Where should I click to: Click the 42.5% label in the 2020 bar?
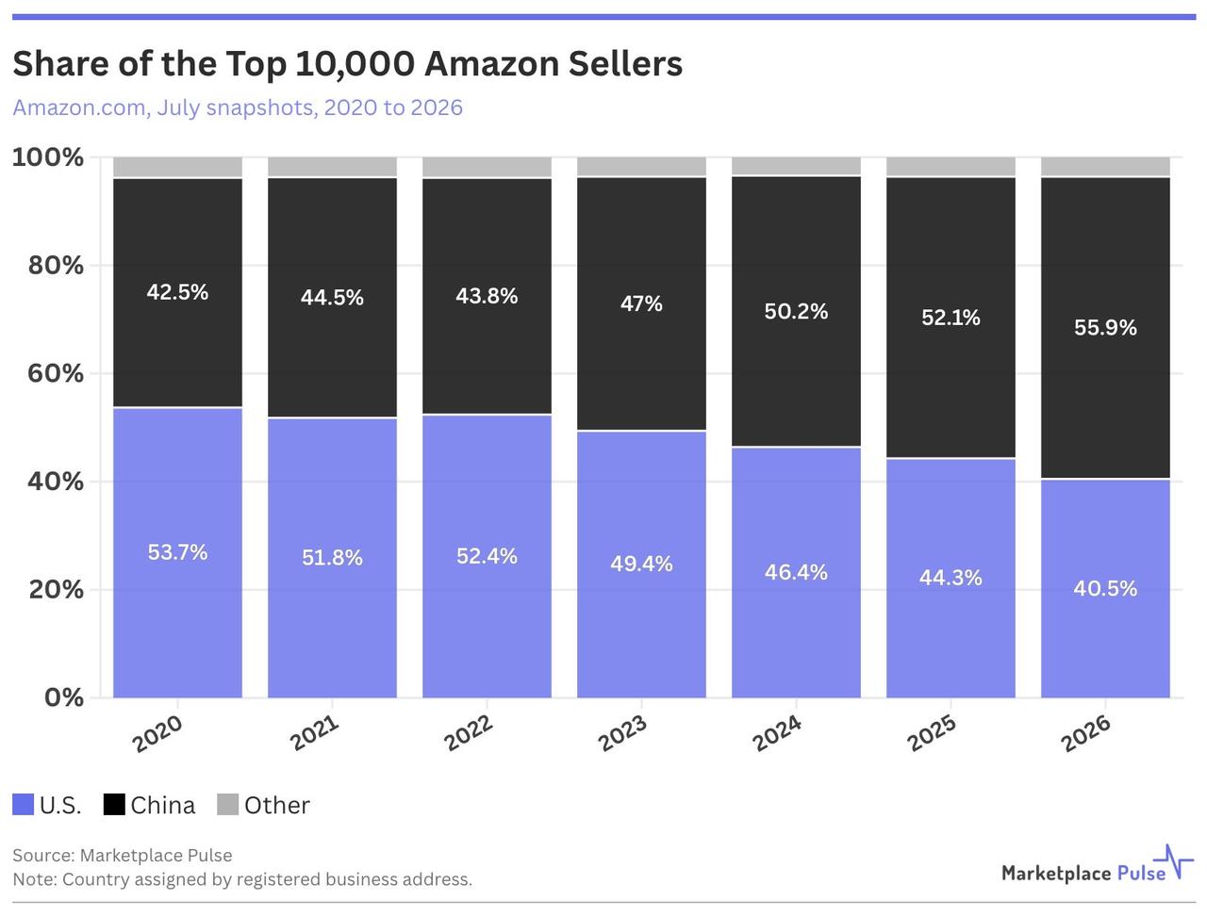click(177, 292)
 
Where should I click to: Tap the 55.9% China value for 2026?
click(1105, 327)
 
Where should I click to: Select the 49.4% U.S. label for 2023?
click(641, 564)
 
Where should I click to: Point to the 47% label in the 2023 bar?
click(641, 303)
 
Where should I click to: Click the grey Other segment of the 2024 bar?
click(796, 166)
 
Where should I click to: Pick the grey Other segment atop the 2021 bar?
click(332, 167)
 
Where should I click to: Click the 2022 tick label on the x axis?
click(468, 733)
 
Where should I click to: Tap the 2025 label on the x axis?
click(932, 733)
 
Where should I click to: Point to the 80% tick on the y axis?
click(56, 266)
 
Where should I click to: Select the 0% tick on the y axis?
click(64, 697)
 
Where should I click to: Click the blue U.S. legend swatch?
click(23, 804)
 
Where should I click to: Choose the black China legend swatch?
click(114, 804)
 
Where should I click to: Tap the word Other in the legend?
click(277, 806)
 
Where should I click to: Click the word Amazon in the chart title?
click(491, 64)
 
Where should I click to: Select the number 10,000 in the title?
click(355, 65)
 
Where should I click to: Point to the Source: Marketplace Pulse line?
click(122, 856)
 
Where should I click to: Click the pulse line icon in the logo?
click(1173, 862)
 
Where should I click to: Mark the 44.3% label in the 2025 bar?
click(951, 578)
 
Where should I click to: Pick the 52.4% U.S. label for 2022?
click(487, 556)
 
